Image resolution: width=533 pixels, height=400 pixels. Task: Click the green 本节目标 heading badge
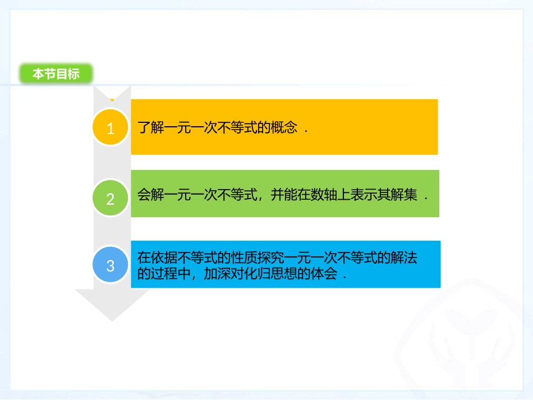(56, 73)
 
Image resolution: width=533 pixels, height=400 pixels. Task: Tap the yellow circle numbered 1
(110, 128)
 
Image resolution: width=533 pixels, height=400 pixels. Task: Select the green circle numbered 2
(110, 198)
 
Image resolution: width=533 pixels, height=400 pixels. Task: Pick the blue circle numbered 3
(110, 265)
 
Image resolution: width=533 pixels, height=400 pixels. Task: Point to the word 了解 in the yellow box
(150, 127)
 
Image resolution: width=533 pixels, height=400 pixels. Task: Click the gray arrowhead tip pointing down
(112, 318)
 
